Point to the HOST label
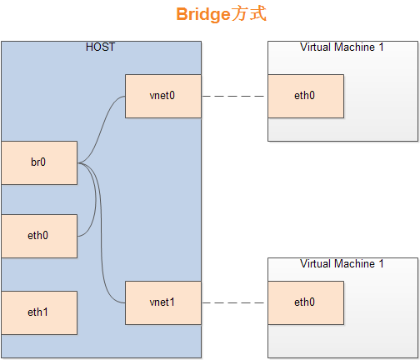point(100,47)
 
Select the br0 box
point(38,162)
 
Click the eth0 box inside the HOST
point(38,236)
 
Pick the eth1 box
point(38,312)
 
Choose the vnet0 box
point(163,96)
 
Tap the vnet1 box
point(163,302)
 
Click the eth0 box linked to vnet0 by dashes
point(305,96)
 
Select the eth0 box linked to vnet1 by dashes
point(305,302)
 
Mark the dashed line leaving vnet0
point(234,96)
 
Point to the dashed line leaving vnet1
point(234,302)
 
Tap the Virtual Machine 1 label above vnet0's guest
point(342,47)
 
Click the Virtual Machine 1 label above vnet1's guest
point(342,263)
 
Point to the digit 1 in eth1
point(47,312)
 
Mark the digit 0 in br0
point(43,162)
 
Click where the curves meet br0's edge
point(77,163)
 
